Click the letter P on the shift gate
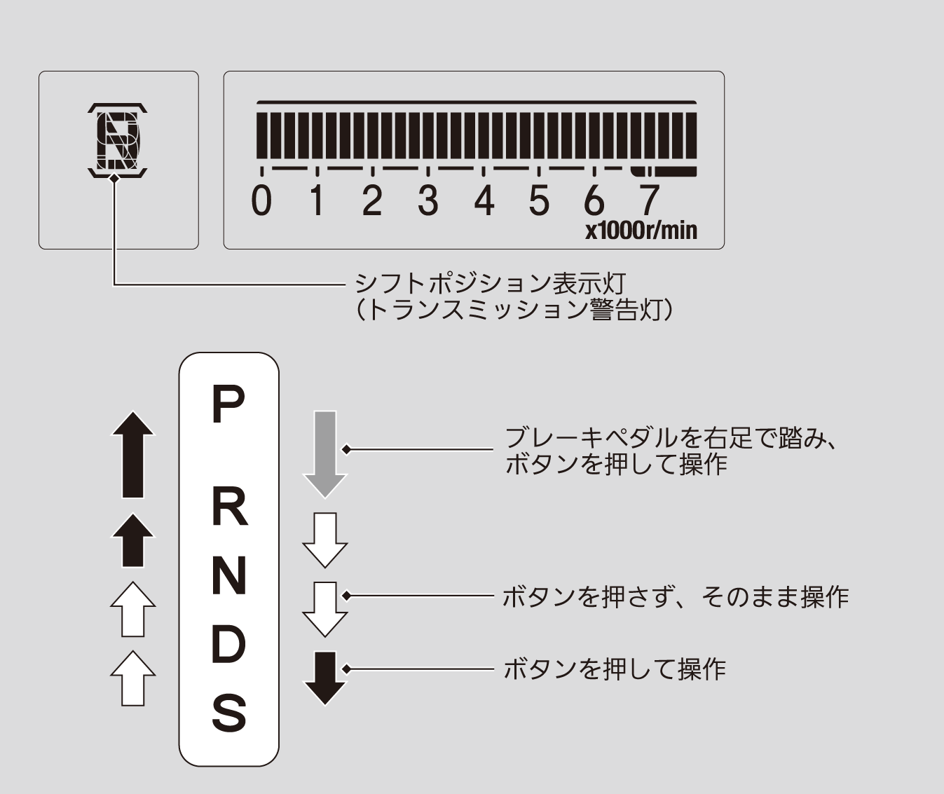click(228, 404)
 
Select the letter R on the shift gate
click(229, 507)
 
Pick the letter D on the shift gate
click(228, 644)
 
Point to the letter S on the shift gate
click(229, 713)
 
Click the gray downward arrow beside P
click(325, 454)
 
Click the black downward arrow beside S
click(325, 678)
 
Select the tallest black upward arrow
click(133, 454)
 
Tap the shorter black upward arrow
click(133, 540)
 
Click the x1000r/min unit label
click(641, 231)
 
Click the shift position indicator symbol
click(118, 140)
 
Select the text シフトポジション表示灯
click(490, 284)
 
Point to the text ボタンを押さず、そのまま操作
click(676, 597)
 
